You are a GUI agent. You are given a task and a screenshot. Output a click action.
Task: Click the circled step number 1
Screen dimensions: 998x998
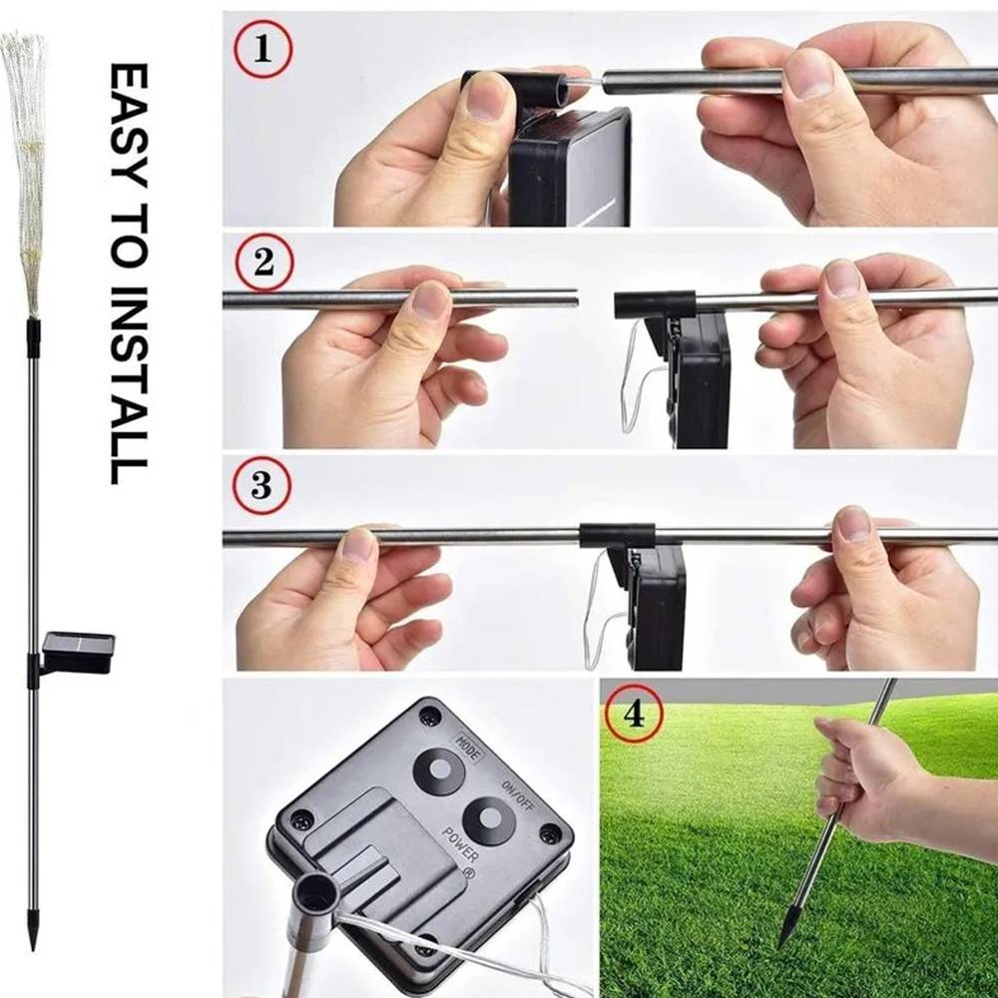[262, 49]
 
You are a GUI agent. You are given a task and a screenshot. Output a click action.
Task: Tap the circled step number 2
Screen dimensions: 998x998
[264, 262]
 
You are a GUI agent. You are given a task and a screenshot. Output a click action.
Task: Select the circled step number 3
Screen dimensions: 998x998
[261, 486]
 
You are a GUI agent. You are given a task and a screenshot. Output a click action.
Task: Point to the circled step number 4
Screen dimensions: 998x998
[634, 715]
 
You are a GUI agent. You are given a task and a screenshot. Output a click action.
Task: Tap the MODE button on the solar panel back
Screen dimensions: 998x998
[438, 770]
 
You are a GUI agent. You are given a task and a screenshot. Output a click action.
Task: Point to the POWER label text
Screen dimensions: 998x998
[460, 844]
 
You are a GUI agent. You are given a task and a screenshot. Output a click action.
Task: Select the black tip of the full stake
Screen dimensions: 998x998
[33, 930]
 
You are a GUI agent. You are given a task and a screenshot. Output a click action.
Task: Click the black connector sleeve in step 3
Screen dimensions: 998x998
[617, 536]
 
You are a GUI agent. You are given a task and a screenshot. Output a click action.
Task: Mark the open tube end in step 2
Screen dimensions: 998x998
[576, 298]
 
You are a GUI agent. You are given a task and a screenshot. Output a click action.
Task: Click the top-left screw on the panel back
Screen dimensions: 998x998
[429, 717]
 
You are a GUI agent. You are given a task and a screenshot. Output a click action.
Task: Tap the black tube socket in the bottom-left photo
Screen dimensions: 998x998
[317, 890]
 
